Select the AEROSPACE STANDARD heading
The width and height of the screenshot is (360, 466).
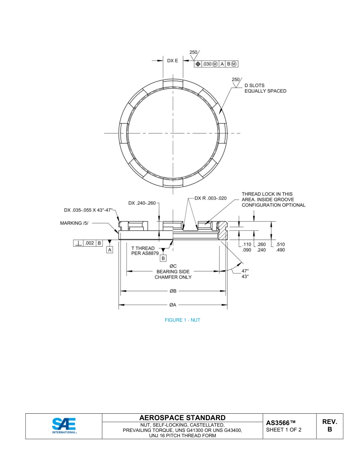click(x=182, y=418)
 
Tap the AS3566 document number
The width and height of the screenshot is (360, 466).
click(x=280, y=423)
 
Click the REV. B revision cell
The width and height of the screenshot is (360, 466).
click(x=330, y=426)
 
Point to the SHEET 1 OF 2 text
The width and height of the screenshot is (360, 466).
click(x=284, y=430)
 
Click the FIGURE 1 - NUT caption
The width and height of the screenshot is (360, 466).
click(x=182, y=320)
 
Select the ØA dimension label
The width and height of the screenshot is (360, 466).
click(x=172, y=305)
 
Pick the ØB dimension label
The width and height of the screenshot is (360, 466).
click(x=172, y=291)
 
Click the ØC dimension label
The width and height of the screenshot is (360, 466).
click(x=173, y=266)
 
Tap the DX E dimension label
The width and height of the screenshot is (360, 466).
click(x=172, y=61)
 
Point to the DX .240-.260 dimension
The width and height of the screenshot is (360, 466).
click(x=142, y=203)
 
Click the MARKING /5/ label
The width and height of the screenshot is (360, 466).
click(x=74, y=223)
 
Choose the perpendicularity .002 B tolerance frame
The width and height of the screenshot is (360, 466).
click(x=88, y=243)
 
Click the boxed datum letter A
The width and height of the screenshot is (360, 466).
click(x=110, y=250)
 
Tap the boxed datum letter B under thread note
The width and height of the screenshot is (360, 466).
click(x=163, y=258)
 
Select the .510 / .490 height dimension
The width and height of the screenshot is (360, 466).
click(x=281, y=247)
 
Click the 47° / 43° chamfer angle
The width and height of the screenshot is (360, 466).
click(x=245, y=274)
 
